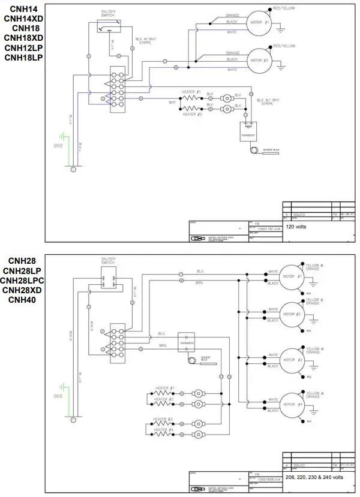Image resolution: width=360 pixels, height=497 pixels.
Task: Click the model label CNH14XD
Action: coord(23,19)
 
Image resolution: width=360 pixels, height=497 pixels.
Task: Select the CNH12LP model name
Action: coord(23,47)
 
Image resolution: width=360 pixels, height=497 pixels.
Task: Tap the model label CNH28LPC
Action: coord(22,280)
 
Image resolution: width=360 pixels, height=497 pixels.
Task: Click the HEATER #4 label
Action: coord(163,429)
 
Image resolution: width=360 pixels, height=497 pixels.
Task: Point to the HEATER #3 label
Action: coord(163,419)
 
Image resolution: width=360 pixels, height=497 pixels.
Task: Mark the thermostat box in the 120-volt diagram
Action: coord(247,131)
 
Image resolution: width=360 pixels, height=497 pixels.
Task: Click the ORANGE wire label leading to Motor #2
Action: coord(232,53)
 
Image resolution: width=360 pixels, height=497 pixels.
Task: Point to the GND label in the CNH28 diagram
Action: coord(58,396)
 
